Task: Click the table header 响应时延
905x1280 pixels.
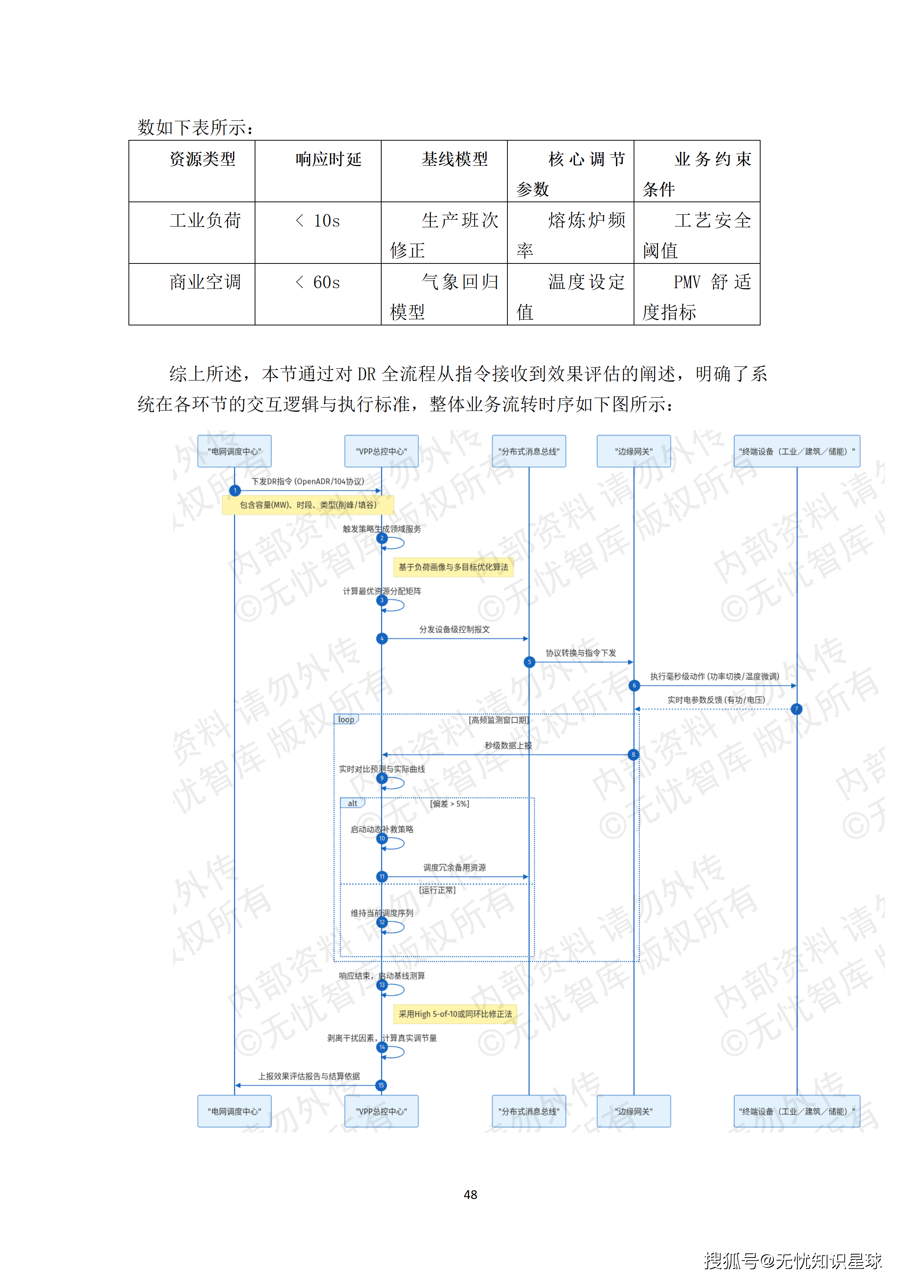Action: click(x=328, y=159)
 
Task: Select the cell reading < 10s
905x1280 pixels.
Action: click(x=318, y=221)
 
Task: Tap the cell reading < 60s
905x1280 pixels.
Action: click(x=318, y=282)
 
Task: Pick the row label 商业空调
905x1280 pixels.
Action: click(x=205, y=282)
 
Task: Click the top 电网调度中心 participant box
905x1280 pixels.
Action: click(x=234, y=451)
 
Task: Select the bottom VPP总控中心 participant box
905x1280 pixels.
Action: click(x=381, y=1111)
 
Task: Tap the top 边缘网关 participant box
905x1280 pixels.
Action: click(x=633, y=451)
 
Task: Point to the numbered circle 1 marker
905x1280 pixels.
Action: click(x=235, y=490)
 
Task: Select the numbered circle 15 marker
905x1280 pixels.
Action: click(x=381, y=1085)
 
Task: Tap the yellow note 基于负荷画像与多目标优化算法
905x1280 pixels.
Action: click(x=453, y=567)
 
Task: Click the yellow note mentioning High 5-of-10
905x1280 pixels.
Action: click(x=455, y=1014)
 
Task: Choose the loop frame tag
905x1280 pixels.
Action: click(x=346, y=720)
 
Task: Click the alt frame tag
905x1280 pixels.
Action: click(x=352, y=803)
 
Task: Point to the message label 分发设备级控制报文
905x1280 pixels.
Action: click(x=454, y=630)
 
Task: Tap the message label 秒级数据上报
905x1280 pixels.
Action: click(x=508, y=745)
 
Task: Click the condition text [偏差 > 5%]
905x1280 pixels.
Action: click(x=449, y=804)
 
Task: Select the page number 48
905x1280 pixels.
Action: click(x=470, y=1195)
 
